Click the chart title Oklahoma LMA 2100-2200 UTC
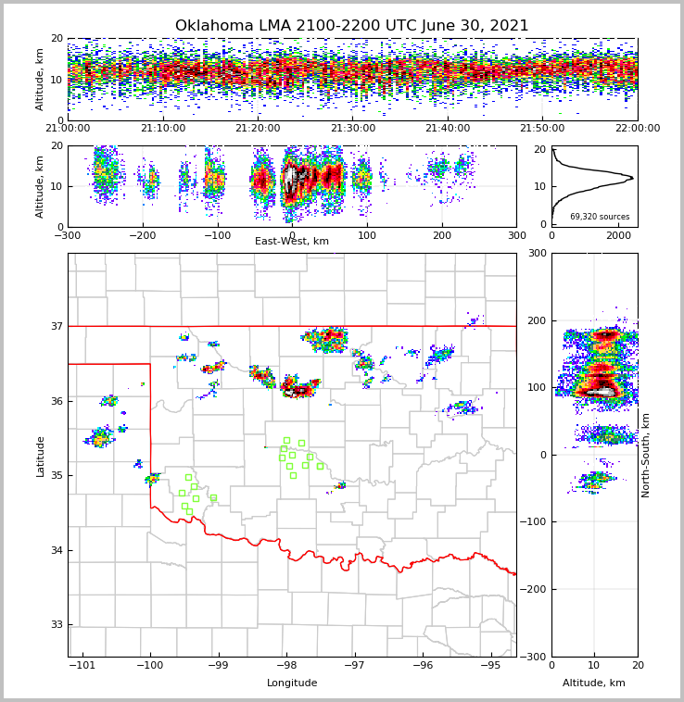[x=351, y=26]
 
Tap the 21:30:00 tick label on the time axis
[x=352, y=129]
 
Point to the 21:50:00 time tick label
[x=542, y=129]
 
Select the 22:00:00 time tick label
[x=637, y=129]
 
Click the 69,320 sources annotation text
[x=600, y=217]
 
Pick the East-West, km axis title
[x=292, y=242]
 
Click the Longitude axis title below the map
[x=292, y=683]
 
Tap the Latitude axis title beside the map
[x=40, y=456]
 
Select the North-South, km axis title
[x=646, y=455]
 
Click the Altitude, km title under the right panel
[x=594, y=683]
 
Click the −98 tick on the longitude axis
[x=286, y=665]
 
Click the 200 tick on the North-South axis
[x=537, y=320]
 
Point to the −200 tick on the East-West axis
[x=142, y=235]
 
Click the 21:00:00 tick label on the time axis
[x=68, y=129]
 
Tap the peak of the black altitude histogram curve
[x=632, y=177]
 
